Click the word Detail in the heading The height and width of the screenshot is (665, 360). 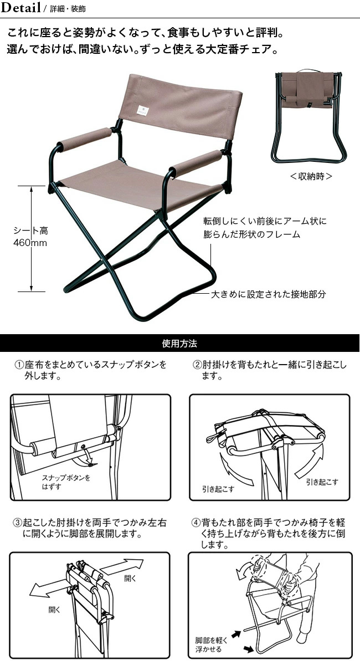click(21, 8)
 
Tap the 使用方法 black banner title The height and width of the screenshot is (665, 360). click(179, 343)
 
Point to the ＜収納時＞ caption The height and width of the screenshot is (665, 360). click(311, 176)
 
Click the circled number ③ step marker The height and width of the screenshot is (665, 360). click(19, 523)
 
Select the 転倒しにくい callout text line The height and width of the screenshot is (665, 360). click(265, 221)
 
